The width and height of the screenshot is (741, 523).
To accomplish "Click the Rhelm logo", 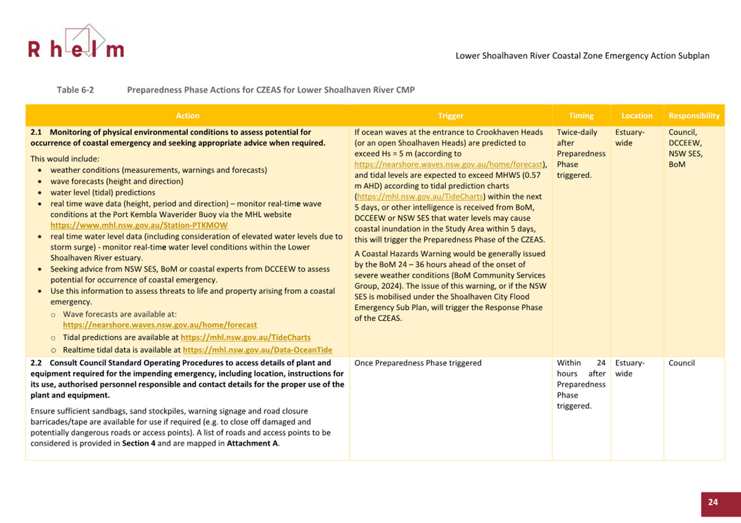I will tap(76, 43).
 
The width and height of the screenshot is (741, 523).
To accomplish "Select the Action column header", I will tap(187, 115).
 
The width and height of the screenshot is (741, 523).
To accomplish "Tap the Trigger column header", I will tap(450, 115).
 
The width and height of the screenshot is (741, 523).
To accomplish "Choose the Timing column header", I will tap(581, 115).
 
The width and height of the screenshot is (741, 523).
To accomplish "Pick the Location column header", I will tap(636, 115).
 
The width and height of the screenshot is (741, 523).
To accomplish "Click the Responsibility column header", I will tap(694, 115).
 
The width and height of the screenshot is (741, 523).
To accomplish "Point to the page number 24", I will tap(713, 502).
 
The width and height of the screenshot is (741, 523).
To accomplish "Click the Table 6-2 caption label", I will tap(75, 89).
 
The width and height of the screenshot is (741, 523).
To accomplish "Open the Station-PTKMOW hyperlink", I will tap(138, 225).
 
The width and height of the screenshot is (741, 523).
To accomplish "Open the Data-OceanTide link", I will tap(257, 350).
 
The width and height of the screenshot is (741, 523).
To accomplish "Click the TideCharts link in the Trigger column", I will tap(420, 197).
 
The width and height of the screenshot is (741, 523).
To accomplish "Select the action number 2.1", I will tap(36, 132).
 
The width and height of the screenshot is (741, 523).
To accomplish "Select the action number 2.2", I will tap(36, 363).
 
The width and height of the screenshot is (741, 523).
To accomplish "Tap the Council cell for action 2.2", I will tap(682, 363).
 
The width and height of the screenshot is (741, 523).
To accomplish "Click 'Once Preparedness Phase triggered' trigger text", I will tap(417, 363).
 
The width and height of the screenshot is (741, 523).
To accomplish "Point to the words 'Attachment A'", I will tap(252, 444).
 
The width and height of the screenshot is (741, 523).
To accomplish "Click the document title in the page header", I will tap(582, 56).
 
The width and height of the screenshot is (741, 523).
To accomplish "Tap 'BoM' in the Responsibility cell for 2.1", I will tap(677, 164).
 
